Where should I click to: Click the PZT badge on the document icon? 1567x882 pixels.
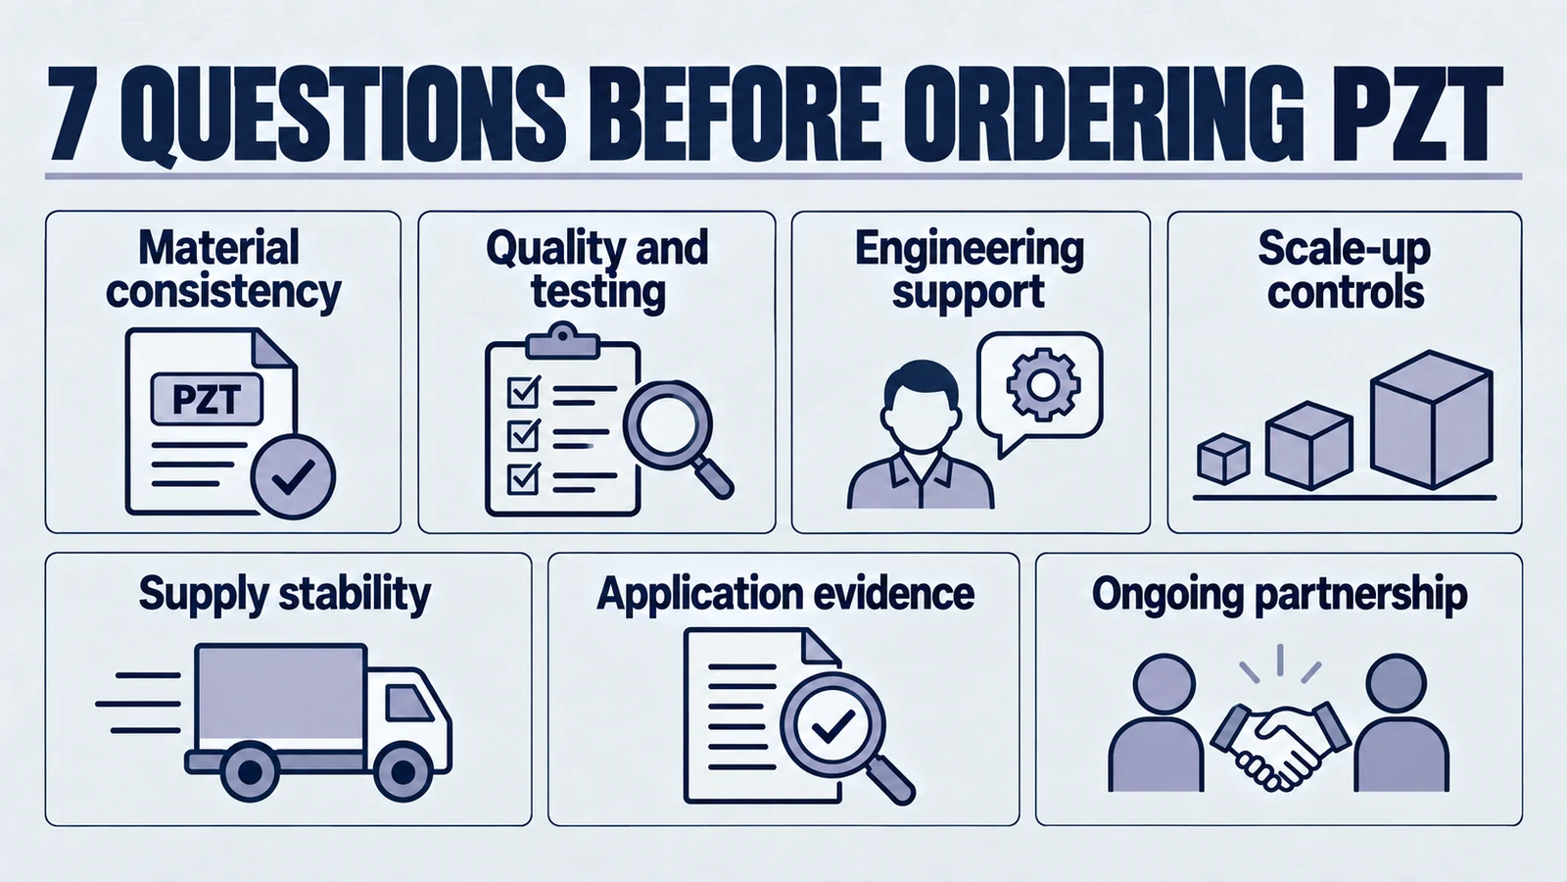click(207, 400)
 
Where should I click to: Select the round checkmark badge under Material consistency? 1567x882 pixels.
click(293, 476)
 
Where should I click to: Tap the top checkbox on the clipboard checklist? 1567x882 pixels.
click(524, 392)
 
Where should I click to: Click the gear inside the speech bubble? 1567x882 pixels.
click(1043, 384)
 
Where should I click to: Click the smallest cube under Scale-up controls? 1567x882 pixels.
click(1223, 459)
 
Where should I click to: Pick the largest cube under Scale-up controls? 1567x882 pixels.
click(1431, 419)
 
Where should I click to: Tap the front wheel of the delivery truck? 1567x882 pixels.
click(403, 773)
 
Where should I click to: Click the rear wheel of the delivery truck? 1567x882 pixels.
click(250, 773)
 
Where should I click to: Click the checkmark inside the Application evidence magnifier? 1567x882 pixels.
click(831, 726)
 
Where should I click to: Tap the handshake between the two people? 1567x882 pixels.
click(1279, 746)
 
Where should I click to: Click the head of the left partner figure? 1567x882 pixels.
click(1163, 684)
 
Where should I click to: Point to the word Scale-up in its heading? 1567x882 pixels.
click(1344, 250)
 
